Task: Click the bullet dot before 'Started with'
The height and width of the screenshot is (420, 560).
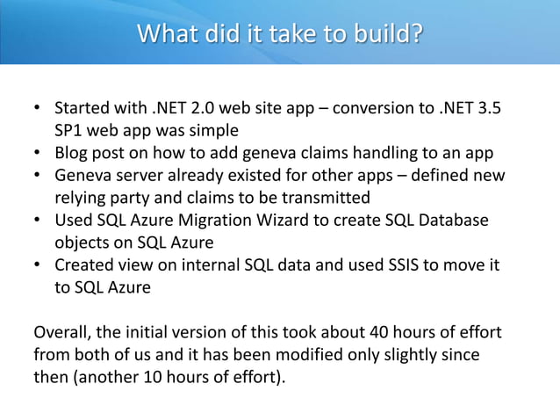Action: [x=37, y=112]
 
